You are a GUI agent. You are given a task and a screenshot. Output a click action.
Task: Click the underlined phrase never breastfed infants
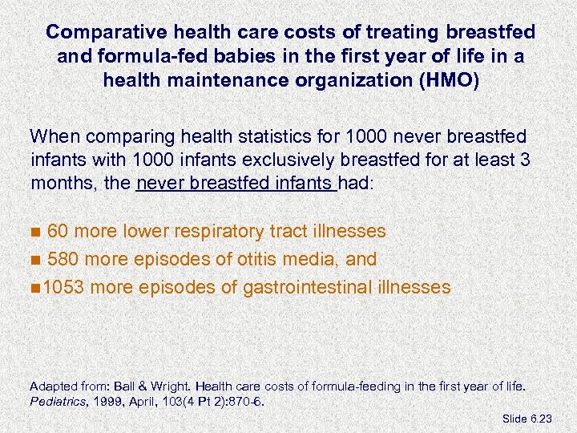tap(236, 183)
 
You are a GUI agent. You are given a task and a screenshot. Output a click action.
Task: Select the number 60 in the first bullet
tap(57, 232)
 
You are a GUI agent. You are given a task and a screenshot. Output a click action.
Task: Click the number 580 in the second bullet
tap(63, 259)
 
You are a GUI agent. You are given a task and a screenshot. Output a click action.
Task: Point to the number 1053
tap(65, 287)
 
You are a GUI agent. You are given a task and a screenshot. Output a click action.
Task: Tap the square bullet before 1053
tap(35, 288)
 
